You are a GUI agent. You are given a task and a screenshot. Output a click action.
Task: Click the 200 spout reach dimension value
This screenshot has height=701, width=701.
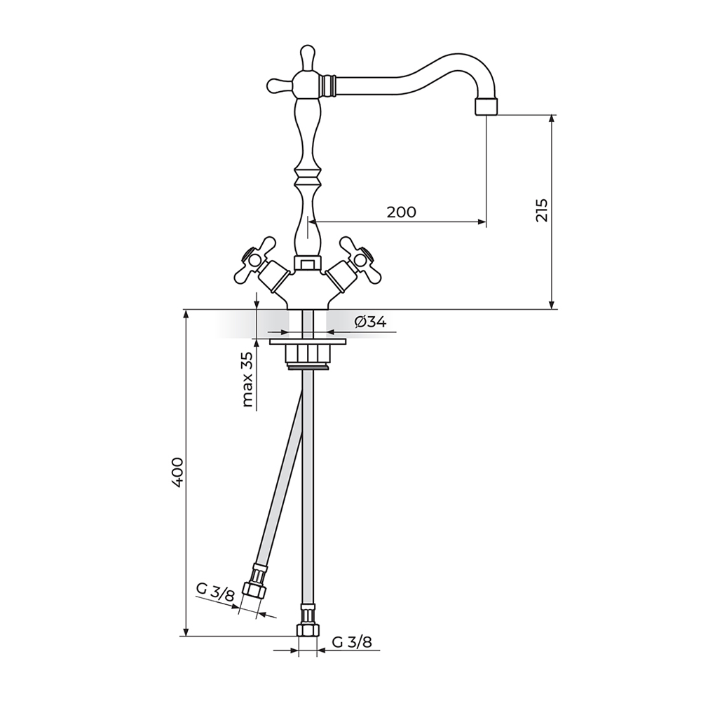(x=401, y=212)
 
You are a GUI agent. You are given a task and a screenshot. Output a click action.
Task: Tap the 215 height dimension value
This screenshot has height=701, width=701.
(x=542, y=210)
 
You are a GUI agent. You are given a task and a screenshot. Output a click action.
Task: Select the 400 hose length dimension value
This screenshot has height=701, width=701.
(x=177, y=472)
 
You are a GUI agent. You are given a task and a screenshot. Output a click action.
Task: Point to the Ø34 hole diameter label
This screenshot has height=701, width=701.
(x=370, y=322)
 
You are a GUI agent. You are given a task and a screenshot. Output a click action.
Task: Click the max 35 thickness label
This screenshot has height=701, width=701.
(x=247, y=379)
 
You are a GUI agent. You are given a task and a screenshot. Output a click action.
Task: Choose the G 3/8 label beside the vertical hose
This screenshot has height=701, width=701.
(x=352, y=642)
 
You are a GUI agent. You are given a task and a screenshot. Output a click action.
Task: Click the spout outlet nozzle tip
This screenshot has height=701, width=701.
(x=486, y=107)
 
